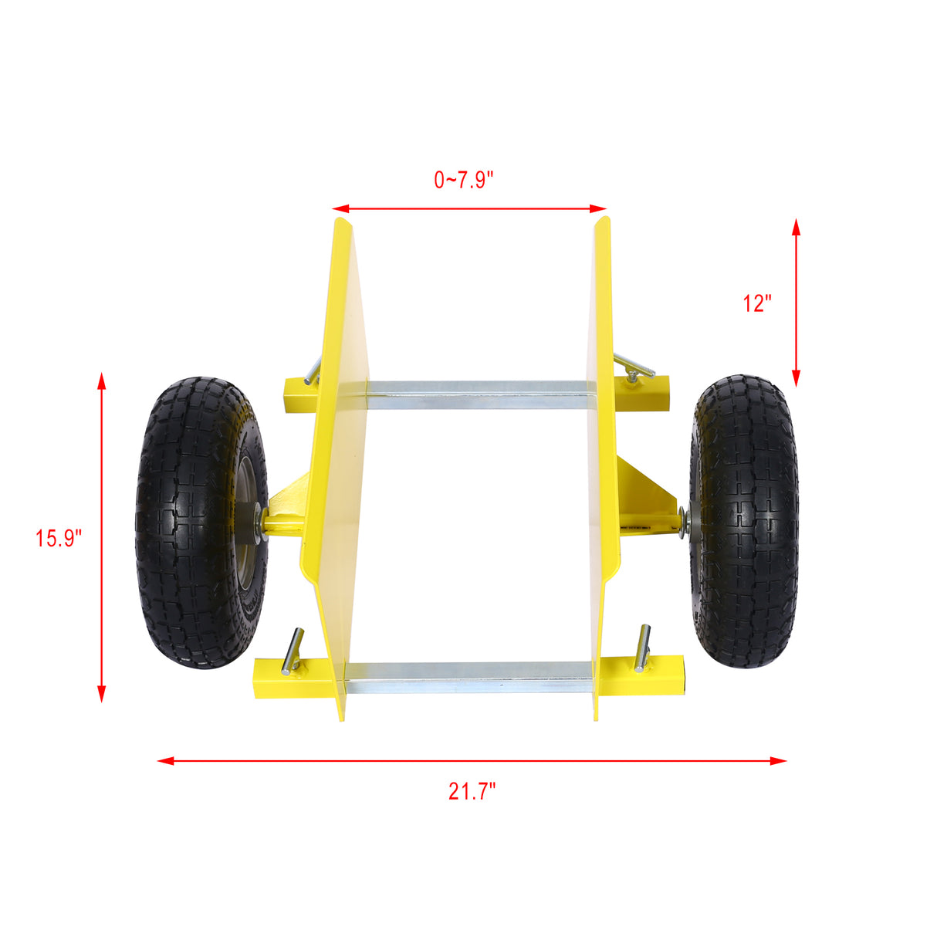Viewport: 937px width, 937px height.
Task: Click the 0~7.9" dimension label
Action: [463, 181]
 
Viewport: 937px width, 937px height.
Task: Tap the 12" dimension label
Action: [757, 303]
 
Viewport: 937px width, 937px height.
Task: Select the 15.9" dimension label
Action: [58, 537]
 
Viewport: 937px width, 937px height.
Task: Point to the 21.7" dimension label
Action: [472, 791]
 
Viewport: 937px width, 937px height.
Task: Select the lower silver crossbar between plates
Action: [471, 675]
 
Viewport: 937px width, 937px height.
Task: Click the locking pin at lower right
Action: [642, 648]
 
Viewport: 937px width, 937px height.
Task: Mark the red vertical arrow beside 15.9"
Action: [101, 537]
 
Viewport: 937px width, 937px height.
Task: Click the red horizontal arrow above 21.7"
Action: [472, 761]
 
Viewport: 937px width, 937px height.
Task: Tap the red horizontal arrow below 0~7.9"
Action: [470, 208]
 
